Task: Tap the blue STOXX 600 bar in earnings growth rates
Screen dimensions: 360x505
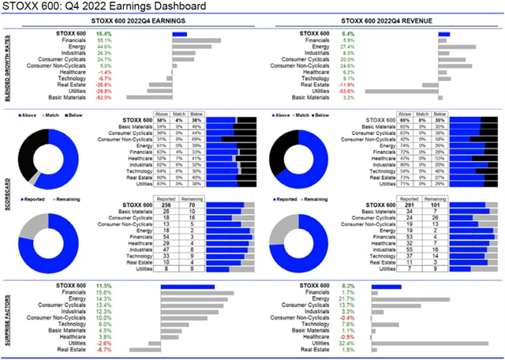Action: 179,35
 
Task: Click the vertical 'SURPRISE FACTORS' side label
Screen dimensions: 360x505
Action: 7,313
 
